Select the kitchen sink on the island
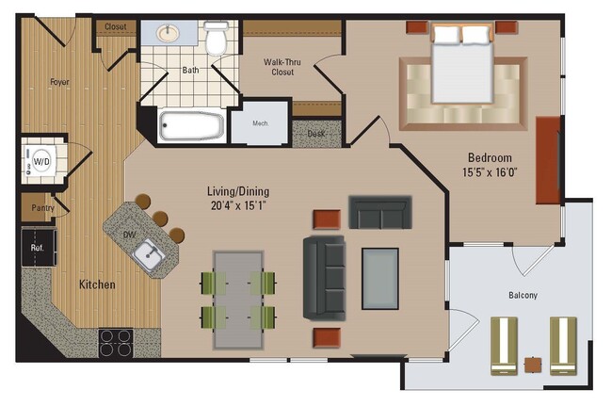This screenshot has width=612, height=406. pos(146,252)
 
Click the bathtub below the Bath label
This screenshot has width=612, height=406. pos(192,125)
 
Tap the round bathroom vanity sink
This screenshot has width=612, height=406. pos(170,35)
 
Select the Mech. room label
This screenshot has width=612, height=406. pos(261,122)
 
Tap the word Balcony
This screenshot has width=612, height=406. pos(522,295)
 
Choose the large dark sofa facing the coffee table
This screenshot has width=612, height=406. pos(323,277)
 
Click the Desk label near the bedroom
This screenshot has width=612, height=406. pos(317,134)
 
